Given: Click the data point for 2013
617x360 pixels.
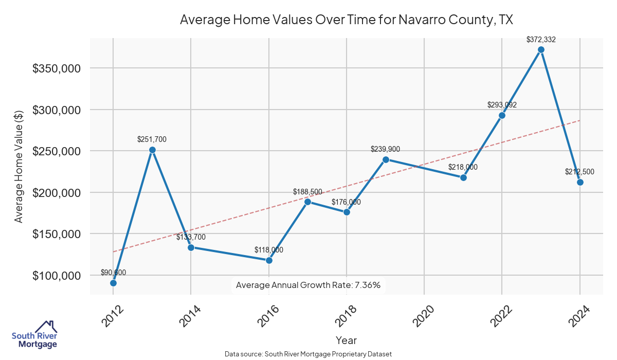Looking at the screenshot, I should (x=152, y=150).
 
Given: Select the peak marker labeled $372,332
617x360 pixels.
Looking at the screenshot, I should (x=541, y=50).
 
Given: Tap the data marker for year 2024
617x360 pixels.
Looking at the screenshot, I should (x=580, y=182).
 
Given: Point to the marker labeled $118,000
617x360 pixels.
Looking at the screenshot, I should (x=269, y=260).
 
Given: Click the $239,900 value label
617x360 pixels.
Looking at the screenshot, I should (x=385, y=149).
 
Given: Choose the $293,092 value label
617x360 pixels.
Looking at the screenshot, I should (x=502, y=105).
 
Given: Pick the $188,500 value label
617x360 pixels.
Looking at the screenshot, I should (x=307, y=192).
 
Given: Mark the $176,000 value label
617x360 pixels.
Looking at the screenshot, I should (x=346, y=202).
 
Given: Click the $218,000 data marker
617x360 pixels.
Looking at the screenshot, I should (x=463, y=177).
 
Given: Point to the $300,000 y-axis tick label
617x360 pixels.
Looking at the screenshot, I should (x=57, y=110).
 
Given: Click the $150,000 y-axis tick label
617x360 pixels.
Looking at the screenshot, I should (x=57, y=234).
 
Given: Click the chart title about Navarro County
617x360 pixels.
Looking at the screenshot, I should (x=347, y=20).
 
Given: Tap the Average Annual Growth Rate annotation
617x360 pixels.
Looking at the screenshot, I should (x=308, y=285).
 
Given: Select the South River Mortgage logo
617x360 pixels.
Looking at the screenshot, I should (x=34, y=334).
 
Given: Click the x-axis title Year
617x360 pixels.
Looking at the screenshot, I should (x=346, y=340).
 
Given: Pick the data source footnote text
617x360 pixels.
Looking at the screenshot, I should (x=308, y=354).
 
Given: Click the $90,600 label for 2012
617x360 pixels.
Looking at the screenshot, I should (x=113, y=273).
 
